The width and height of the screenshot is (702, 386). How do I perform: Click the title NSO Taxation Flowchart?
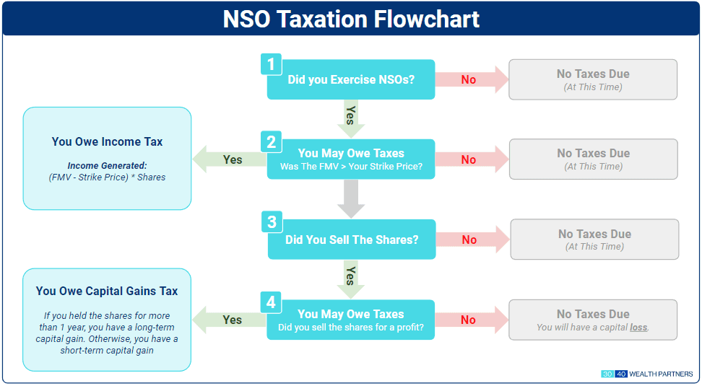click(351, 19)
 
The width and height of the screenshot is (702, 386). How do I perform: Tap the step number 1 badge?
click(271, 64)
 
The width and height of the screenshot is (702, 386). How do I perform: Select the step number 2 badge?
click(271, 142)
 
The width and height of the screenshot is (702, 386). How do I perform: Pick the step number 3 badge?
click(272, 222)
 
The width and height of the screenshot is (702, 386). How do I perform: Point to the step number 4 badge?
click(271, 302)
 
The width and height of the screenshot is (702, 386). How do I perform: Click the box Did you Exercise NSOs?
click(351, 80)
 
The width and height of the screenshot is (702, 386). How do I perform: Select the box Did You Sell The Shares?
click(352, 240)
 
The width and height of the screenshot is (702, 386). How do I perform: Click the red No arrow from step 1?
click(471, 79)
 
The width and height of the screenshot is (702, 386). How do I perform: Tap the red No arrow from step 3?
click(472, 240)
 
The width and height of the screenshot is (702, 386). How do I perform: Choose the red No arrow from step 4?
click(471, 320)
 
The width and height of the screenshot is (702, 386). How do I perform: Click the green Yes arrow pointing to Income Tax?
click(230, 159)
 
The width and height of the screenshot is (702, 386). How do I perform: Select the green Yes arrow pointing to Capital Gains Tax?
click(230, 320)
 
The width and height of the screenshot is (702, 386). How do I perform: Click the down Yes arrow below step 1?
click(351, 115)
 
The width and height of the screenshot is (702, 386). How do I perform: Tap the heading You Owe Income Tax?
click(107, 142)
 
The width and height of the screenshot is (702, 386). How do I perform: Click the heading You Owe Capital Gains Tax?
click(107, 291)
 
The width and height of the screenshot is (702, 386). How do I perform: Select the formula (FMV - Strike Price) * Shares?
click(107, 177)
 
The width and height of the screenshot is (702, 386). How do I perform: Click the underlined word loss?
click(638, 328)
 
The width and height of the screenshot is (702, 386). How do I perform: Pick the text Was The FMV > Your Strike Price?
click(351, 167)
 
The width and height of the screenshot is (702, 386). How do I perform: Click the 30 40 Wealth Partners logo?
click(647, 374)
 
